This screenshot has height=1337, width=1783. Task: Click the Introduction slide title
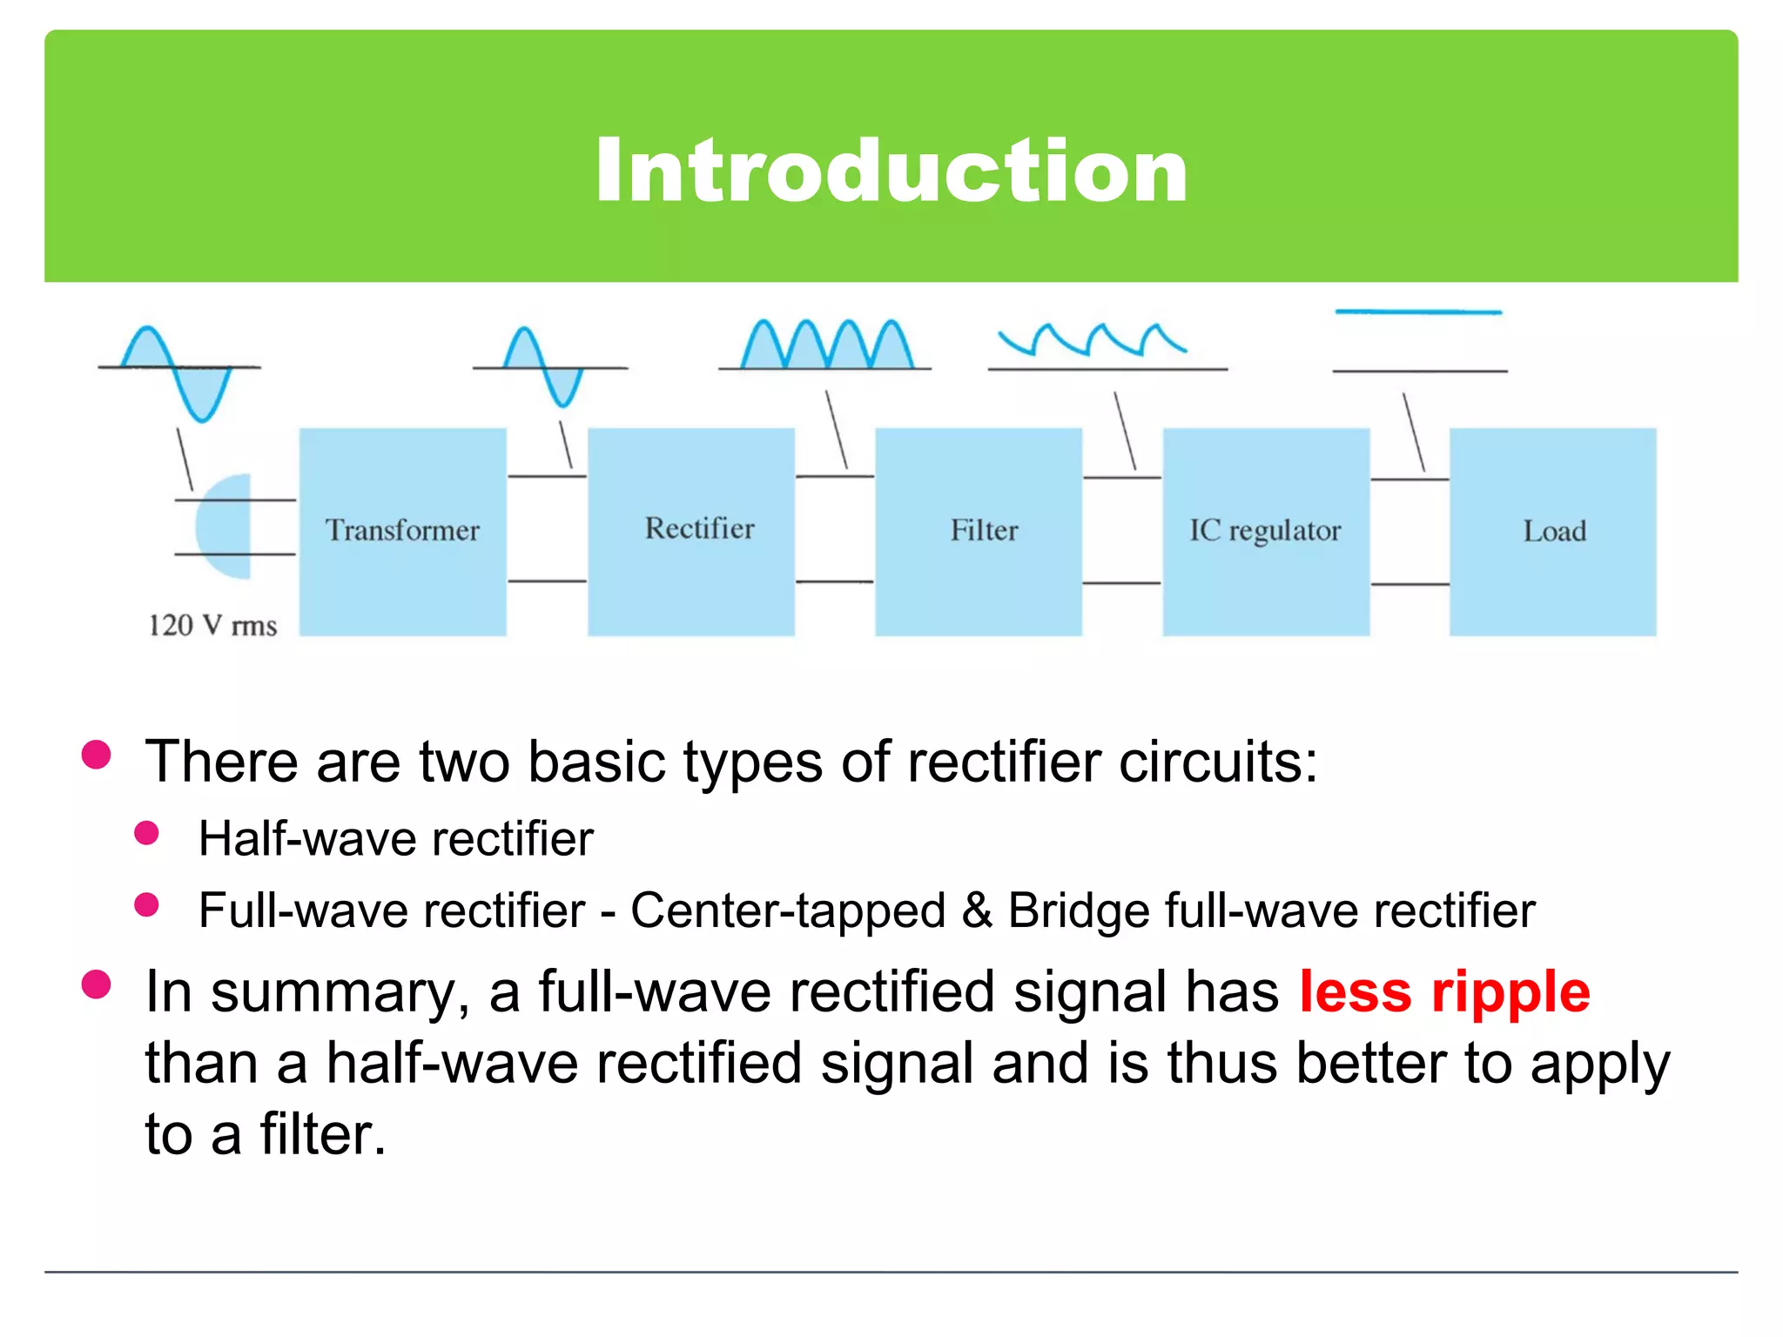[891, 171]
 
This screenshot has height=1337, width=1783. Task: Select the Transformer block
[402, 531]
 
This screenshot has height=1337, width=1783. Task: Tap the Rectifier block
[690, 531]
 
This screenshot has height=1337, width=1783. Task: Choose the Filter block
[979, 531]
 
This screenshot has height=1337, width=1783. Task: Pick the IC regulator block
[1266, 531]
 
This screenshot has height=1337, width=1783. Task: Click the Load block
[1553, 531]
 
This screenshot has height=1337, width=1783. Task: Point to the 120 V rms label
[212, 626]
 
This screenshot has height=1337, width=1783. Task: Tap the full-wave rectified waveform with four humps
[827, 346]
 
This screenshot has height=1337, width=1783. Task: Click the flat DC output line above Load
[1419, 312]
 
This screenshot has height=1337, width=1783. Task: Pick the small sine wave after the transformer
[543, 366]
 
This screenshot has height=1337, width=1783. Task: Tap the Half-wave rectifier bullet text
[396, 839]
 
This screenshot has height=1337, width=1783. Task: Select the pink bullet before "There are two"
[96, 755]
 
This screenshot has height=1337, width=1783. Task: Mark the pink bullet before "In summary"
[96, 984]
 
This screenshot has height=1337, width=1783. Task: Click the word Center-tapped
[788, 911]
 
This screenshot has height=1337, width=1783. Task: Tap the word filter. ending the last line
[322, 1135]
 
